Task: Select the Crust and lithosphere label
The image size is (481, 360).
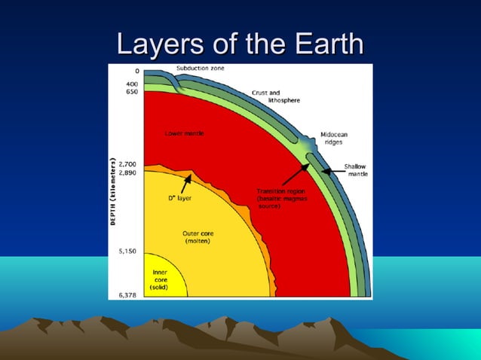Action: tap(270, 96)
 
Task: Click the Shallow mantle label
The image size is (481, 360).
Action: tap(355, 169)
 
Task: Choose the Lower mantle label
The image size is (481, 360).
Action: tap(184, 133)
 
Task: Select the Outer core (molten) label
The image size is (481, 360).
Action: tap(198, 237)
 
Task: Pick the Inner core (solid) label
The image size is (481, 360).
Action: tap(161, 279)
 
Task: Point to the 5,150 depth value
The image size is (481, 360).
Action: tap(126, 251)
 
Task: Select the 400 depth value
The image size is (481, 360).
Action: tap(130, 82)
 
